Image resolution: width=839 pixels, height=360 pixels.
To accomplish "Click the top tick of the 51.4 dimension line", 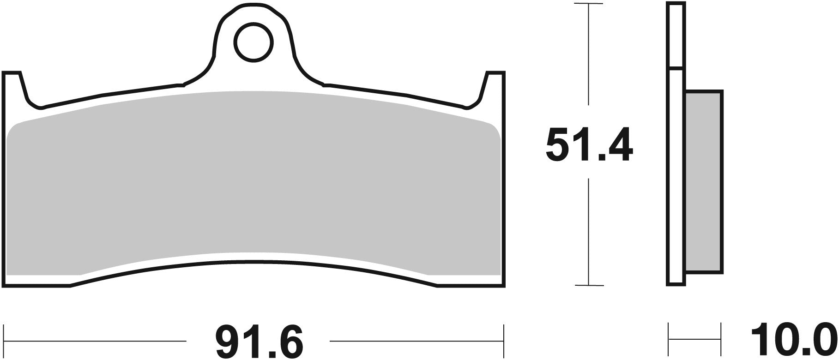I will pos(588,4).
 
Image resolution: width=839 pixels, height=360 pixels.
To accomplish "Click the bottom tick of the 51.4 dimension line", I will pos(588,286).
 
